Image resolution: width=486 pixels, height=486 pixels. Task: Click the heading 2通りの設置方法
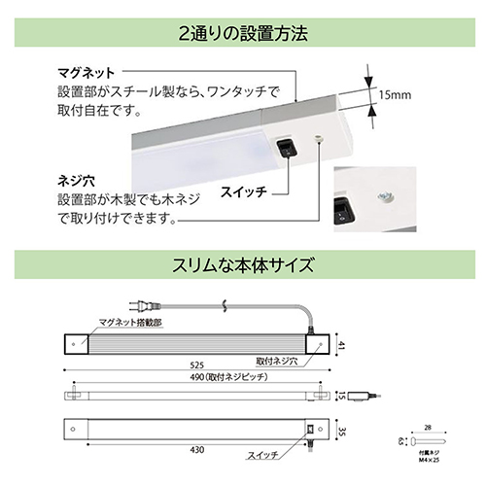tap(243, 33)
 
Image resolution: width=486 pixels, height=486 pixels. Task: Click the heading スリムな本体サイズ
tap(243, 263)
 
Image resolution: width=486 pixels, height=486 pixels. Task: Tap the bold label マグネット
tap(87, 73)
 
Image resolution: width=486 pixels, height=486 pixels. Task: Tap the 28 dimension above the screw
tap(425, 427)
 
